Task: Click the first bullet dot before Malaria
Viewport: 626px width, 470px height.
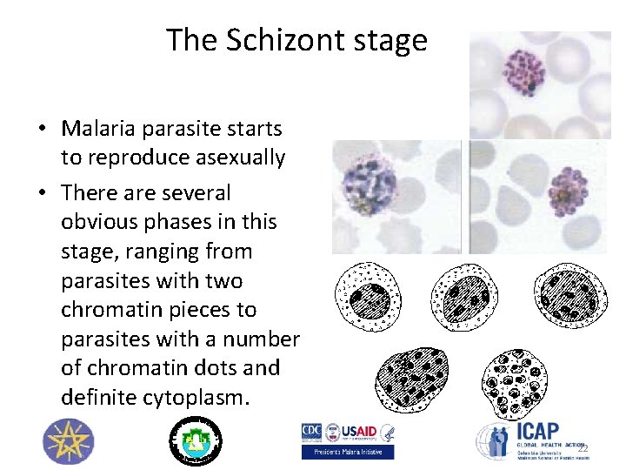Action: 42,130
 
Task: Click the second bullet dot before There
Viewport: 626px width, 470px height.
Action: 42,192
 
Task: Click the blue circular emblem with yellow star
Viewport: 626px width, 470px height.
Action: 65,441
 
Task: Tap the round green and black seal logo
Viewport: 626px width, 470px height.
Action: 195,440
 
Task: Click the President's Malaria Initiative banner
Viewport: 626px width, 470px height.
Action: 347,452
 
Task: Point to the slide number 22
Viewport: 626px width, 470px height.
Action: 583,448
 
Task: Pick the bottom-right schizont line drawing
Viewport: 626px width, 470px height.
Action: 518,381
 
